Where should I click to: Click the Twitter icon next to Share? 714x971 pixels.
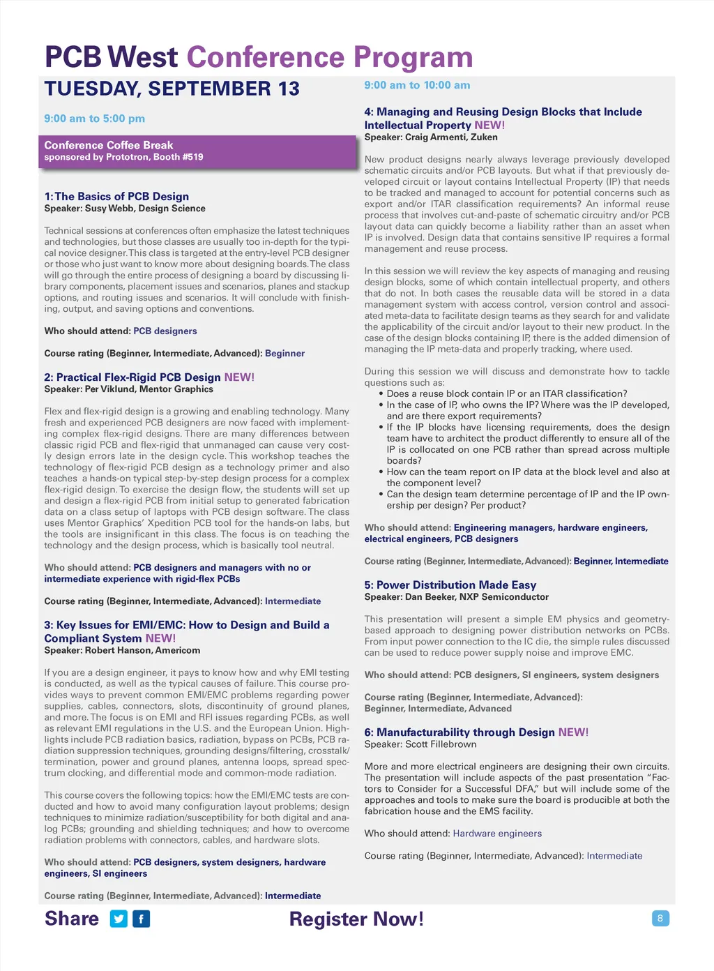tap(119, 919)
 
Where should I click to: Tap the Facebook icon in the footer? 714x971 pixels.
tap(141, 919)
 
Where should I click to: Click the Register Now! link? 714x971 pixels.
tap(356, 919)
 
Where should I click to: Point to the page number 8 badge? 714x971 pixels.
tap(660, 918)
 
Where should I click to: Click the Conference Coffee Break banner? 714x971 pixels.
tap(197, 151)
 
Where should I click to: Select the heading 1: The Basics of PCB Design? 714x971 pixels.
tap(116, 197)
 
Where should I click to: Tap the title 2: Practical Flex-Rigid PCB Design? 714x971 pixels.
tap(132, 377)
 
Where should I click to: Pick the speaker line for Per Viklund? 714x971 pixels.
tap(128, 389)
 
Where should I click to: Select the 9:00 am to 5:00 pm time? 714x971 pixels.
tap(95, 119)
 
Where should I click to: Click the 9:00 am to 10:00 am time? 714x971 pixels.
tap(417, 85)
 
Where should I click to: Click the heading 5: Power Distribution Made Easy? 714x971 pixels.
tap(450, 585)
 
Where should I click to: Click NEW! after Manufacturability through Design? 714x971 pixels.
tap(573, 732)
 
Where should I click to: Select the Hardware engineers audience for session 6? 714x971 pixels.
tap(497, 834)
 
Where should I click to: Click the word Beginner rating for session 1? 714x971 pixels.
tap(284, 354)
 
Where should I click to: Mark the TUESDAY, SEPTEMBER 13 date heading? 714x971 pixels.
tap(172, 89)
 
